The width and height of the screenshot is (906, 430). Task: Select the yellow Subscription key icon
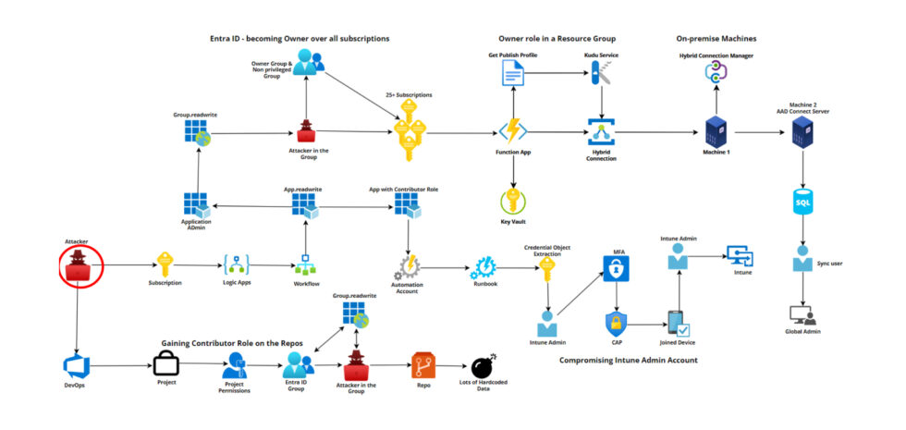click(165, 264)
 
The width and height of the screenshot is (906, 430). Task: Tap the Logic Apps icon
click(238, 264)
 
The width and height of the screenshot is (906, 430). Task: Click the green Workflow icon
click(306, 268)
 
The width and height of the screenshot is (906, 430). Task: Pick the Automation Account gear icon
click(408, 269)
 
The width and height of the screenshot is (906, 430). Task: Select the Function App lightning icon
click(513, 130)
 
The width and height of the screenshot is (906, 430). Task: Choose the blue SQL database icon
click(802, 201)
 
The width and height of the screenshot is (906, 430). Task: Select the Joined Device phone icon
click(678, 325)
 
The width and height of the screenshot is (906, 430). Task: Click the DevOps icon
click(75, 365)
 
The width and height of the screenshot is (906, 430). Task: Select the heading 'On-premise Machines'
click(716, 39)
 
